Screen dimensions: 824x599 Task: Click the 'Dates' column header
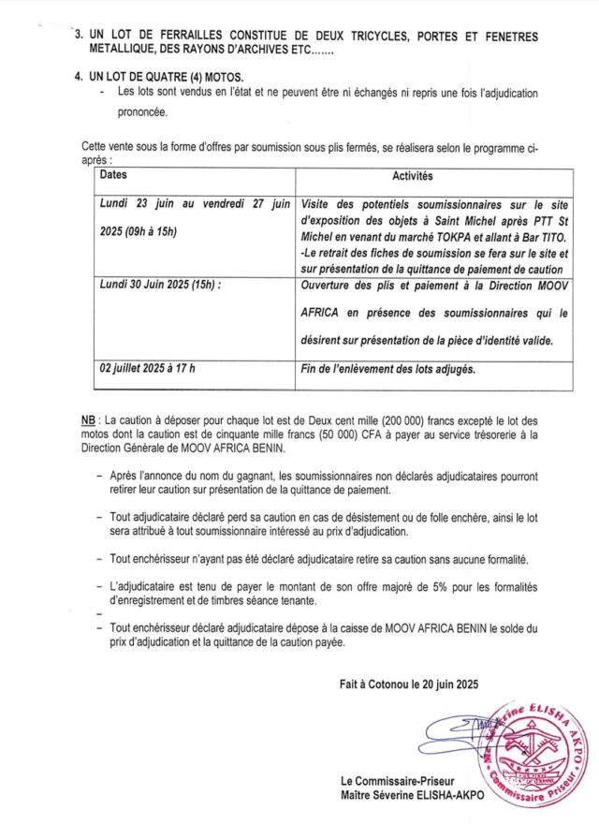tap(113, 175)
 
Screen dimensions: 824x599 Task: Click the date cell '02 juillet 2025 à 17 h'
tap(148, 368)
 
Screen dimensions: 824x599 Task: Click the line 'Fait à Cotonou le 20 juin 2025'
tap(409, 684)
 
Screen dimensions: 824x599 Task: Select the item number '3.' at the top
tap(78, 37)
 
